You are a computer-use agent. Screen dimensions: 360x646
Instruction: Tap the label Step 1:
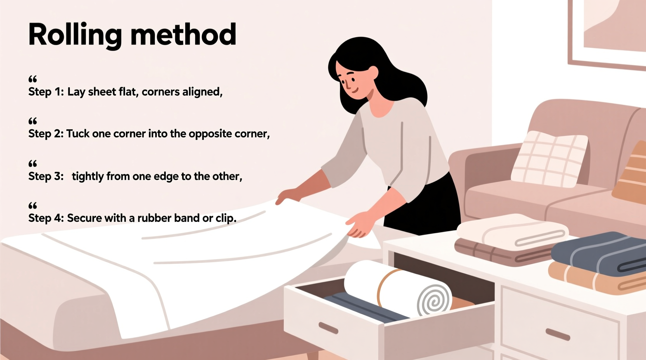point(46,92)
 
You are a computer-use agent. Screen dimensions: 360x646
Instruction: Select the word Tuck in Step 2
point(78,134)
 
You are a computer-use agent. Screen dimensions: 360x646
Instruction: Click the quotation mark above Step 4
point(33,205)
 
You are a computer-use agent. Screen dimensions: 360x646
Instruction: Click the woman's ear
point(373,73)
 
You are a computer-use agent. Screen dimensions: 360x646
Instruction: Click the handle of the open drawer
point(328,328)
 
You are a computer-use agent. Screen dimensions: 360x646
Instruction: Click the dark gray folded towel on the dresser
point(598,254)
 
